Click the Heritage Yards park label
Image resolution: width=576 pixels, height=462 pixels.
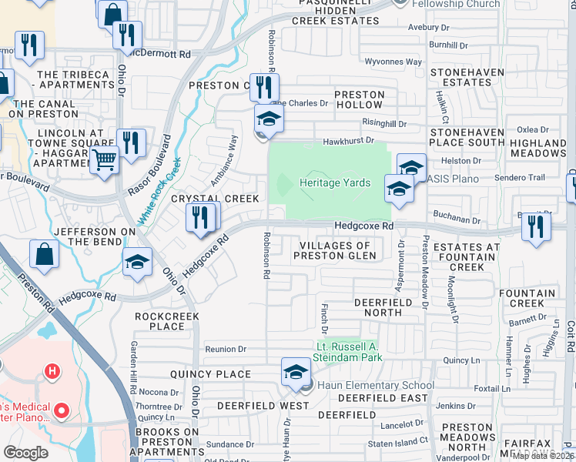[x=336, y=183]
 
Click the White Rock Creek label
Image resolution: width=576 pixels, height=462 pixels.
[x=159, y=192]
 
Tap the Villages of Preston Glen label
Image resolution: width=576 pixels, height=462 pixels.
[x=333, y=251]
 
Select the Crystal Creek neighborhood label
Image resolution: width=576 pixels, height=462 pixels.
[x=215, y=199]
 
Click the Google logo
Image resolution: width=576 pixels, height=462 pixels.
[x=25, y=453]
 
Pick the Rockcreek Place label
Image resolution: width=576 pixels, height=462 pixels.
[x=167, y=321]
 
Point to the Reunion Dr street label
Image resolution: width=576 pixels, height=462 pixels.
[x=226, y=350]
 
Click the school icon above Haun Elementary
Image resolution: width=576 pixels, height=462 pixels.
[x=296, y=373]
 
